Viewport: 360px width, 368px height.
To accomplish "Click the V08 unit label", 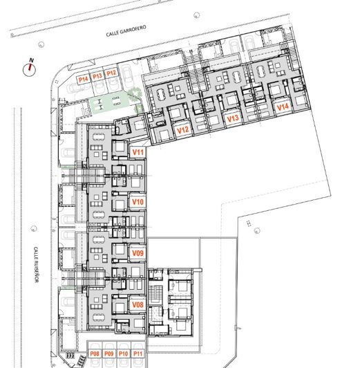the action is click(138, 304).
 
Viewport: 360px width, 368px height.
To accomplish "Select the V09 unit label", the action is click(138, 253).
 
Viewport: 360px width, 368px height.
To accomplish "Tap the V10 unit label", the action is click(138, 202).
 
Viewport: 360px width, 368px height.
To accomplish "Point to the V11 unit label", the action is click(138, 152).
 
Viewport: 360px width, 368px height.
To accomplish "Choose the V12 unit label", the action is click(183, 130).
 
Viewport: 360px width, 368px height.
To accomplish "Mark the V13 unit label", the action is click(233, 118).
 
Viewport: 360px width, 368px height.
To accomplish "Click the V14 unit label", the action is click(283, 107).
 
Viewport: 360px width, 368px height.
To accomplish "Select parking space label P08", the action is click(95, 353).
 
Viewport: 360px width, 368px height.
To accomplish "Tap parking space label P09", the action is click(109, 353).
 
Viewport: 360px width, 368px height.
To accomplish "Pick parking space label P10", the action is click(124, 353).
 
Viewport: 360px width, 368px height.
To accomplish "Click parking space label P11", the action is click(138, 353).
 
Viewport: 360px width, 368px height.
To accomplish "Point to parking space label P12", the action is click(111, 73).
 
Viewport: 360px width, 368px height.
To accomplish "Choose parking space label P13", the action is click(97, 76).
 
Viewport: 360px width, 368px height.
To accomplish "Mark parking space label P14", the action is click(83, 80).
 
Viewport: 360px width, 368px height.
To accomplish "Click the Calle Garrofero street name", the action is click(126, 30).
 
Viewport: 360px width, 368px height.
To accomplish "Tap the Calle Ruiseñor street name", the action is click(36, 264).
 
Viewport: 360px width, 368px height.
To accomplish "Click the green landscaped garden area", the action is click(110, 103).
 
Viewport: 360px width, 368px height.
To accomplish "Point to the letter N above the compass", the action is click(31, 60).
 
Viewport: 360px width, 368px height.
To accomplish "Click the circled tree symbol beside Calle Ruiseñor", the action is click(34, 228).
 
